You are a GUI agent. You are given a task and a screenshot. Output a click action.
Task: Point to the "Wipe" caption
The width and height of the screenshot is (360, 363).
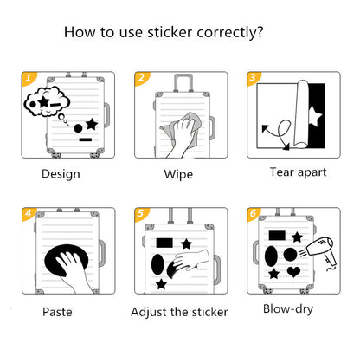click(x=178, y=173)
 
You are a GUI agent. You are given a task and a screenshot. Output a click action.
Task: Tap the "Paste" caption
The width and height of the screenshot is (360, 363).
click(x=58, y=310)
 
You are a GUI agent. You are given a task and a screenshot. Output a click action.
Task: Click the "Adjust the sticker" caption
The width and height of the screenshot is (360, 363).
click(x=179, y=311)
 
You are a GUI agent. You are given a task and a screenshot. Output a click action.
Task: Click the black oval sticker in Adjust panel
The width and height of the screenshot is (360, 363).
click(x=160, y=264)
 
